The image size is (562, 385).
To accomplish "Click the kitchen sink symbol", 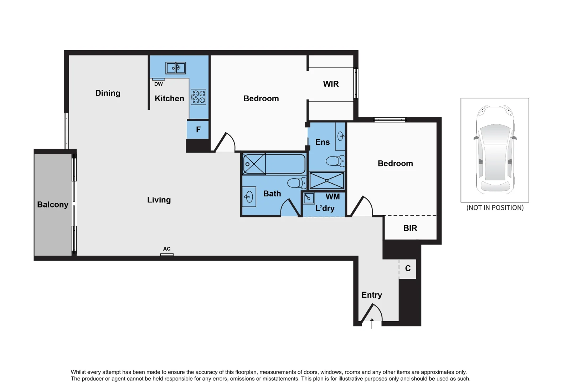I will (176, 68).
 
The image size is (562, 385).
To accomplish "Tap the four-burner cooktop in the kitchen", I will (198, 97).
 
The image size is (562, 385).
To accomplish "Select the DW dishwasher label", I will (159, 84).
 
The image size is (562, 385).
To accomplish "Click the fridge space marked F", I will (198, 130).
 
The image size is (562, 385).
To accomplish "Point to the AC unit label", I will (167, 249).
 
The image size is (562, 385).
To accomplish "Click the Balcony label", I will (53, 205).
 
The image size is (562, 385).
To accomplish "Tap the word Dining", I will (108, 93).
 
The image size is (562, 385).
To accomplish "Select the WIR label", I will (331, 84).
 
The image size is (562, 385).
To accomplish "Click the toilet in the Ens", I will (335, 161).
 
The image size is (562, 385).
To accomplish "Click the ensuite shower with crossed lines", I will (327, 181).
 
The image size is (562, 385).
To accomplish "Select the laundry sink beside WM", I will (309, 198).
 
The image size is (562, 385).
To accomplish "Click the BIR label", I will (410, 228).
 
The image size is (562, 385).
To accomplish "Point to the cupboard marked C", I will (408, 268).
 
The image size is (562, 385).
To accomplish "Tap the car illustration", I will (495, 150).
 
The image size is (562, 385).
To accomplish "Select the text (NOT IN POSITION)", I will (495, 208).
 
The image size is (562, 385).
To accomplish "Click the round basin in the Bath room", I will (249, 196).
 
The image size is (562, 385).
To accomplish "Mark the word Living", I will (159, 200).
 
